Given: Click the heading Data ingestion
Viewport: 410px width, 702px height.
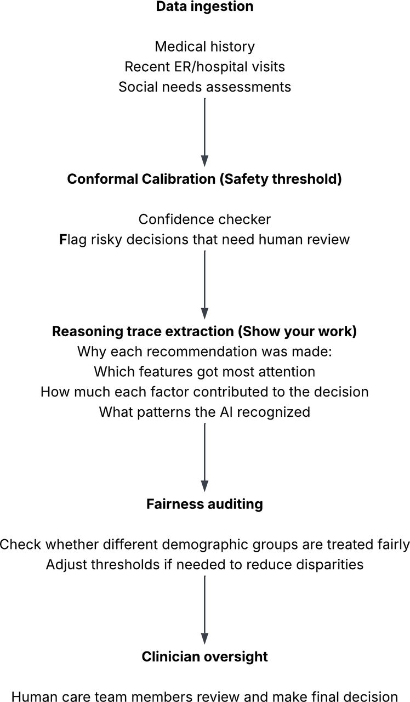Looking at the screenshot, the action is point(205,6).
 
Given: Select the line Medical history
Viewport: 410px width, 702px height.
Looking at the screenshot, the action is point(205,47).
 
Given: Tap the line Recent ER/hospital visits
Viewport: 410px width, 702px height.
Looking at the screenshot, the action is point(205,67).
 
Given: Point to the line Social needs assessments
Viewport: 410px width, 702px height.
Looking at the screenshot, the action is point(205,87).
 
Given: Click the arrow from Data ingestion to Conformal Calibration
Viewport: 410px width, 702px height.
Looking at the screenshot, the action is point(205,132).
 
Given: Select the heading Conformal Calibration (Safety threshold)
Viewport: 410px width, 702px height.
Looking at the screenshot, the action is point(204,179).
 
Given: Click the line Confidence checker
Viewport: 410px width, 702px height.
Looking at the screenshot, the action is point(205,219).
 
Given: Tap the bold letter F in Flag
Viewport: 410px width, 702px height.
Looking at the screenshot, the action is point(63,240).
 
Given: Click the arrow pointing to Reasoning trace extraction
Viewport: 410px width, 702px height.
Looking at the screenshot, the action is point(205,285).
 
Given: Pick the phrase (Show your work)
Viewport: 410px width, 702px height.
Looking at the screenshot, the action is point(297,332).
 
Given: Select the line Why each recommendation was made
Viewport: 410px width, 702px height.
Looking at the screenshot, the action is point(205,352).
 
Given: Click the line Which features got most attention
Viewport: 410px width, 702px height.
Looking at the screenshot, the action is point(205,372).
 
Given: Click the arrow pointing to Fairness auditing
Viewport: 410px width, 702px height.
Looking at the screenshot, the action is point(205,457).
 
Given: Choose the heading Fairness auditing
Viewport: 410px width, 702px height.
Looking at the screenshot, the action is point(205,504).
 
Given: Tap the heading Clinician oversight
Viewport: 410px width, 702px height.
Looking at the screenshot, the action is point(205,656).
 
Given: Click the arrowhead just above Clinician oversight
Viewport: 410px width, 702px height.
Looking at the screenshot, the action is point(205,638).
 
